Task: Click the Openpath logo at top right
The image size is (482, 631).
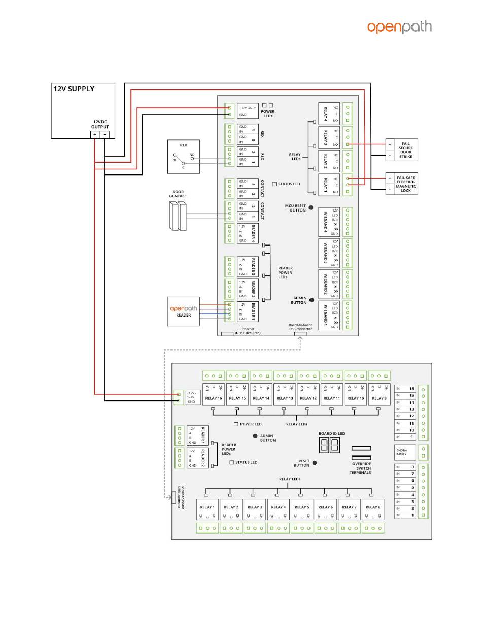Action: click(x=399, y=27)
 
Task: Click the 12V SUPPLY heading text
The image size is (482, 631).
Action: click(x=74, y=89)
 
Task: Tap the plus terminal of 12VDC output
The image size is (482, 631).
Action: click(x=95, y=134)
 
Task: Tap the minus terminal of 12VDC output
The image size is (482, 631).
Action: click(x=104, y=134)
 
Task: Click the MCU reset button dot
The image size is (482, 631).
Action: click(x=311, y=207)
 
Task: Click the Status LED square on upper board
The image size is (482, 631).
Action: click(x=274, y=184)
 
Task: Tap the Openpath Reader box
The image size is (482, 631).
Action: click(x=184, y=311)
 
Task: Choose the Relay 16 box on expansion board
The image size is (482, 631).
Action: click(x=214, y=394)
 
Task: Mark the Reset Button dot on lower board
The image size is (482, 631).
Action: click(x=315, y=463)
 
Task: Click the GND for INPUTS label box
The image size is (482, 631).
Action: click(x=405, y=452)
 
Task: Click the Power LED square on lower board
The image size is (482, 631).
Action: click(x=236, y=424)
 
